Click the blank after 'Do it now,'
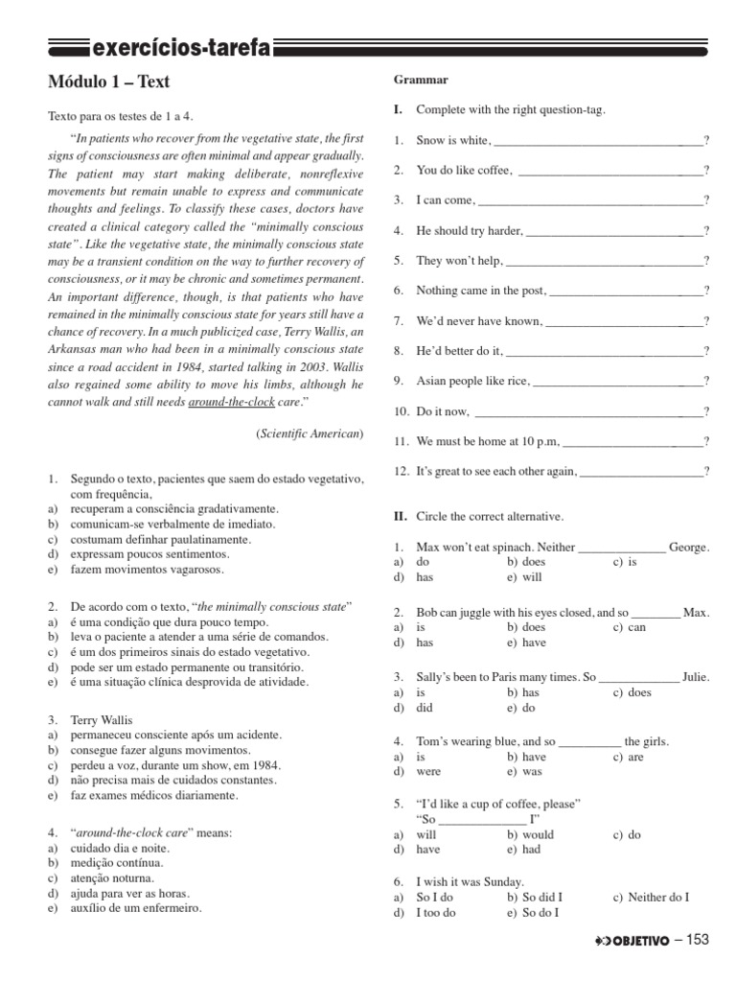pos(587,412)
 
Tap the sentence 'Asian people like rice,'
pos(472,382)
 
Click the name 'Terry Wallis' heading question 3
pos(101,719)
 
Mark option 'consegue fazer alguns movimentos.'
pos(161,750)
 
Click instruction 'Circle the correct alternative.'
pos(490,516)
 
